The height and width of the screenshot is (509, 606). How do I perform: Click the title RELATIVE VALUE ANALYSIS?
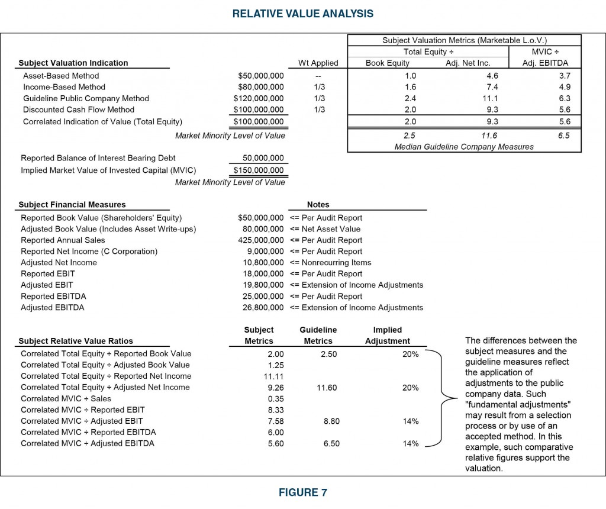pos(302,14)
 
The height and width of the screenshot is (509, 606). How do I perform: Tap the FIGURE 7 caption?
pos(302,492)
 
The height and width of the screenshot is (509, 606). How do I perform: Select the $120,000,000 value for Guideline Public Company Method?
pos(259,98)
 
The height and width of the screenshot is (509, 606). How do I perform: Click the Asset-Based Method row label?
pos(61,76)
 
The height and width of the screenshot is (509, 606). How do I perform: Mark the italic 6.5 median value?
pos(564,136)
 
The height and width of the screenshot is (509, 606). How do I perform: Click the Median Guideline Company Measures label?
pos(464,146)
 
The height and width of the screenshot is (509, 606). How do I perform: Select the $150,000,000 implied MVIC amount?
pos(259,170)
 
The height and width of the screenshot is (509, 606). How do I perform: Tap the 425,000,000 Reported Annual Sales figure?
pos(260,240)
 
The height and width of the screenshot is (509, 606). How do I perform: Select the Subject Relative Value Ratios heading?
pos(76,341)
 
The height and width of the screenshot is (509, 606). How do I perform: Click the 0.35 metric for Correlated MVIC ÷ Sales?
pos(269,398)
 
